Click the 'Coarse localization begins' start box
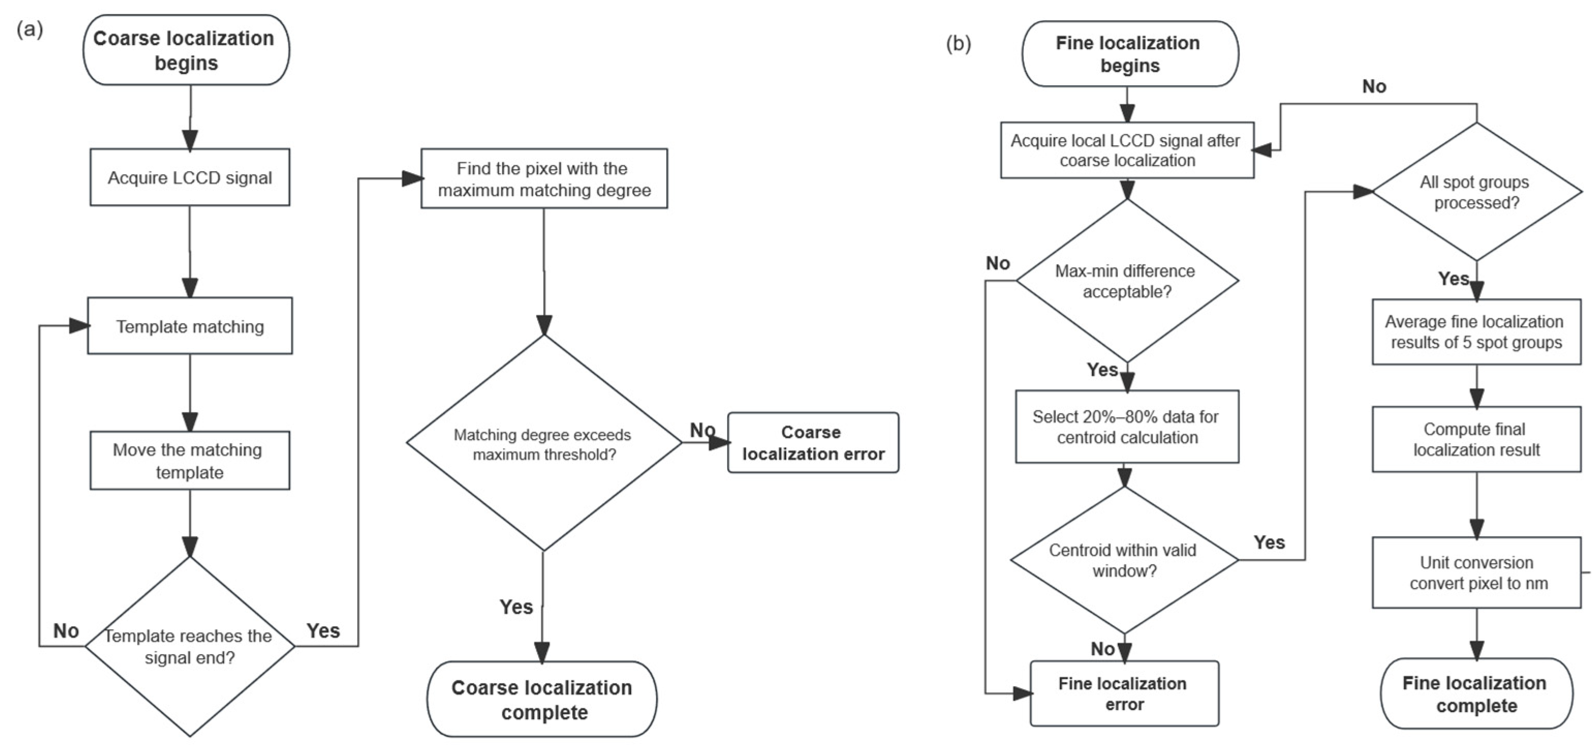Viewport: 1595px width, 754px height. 186,50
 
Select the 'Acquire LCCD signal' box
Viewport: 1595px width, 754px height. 190,177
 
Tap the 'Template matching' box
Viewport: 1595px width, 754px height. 190,326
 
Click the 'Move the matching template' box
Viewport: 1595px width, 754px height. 190,460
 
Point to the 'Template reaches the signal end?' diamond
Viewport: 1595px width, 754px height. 190,646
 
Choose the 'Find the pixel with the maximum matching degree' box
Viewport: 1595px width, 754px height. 544,178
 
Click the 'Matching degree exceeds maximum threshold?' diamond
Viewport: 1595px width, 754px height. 544,443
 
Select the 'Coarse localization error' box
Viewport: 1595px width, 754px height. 813,443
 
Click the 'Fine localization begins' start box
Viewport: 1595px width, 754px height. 1130,54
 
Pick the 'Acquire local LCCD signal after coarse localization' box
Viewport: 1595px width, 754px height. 1128,150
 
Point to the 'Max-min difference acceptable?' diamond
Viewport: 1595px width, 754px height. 1128,281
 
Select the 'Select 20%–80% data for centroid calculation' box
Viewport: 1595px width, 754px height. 1127,427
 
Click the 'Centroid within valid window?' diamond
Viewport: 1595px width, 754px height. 1124,560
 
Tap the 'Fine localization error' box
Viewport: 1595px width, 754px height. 1124,694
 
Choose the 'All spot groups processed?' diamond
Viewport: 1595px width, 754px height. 1477,191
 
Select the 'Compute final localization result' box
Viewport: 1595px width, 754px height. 1477,439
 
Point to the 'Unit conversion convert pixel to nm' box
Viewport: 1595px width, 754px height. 1477,573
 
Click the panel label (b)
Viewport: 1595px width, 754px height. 959,43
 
